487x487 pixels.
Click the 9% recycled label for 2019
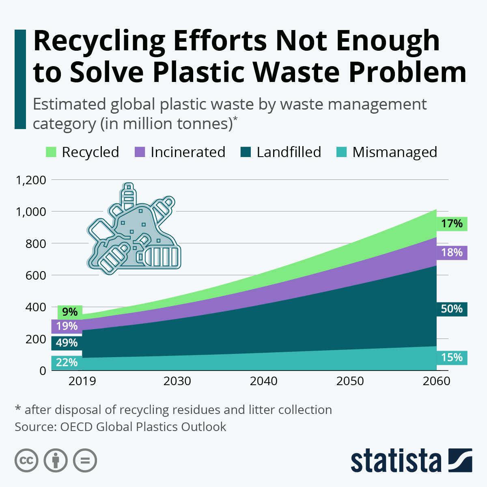click(x=70, y=312)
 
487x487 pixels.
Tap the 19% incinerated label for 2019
click(x=67, y=326)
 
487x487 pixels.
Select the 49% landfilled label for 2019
click(x=67, y=343)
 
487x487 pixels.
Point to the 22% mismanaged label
click(x=67, y=362)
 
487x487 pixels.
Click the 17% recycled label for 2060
click(x=452, y=224)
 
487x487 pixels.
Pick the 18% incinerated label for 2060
click(x=452, y=252)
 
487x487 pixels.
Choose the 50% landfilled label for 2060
click(x=452, y=309)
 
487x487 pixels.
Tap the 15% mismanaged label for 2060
click(x=452, y=357)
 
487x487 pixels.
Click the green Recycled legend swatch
click(x=51, y=152)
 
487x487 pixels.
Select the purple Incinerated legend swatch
click(x=139, y=152)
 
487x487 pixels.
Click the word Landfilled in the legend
click(x=289, y=152)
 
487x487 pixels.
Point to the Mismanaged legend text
click(x=394, y=152)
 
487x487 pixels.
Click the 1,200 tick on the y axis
click(x=30, y=180)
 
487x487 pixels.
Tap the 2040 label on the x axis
click(x=264, y=381)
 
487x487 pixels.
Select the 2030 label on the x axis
click(x=177, y=381)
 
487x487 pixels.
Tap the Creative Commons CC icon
click(x=26, y=461)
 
